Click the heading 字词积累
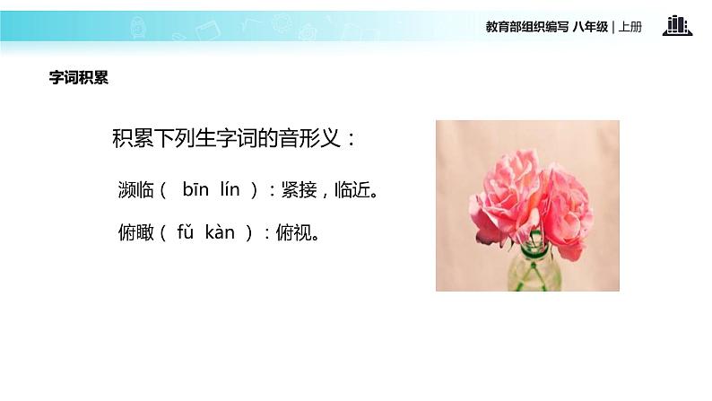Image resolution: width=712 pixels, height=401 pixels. (x=79, y=78)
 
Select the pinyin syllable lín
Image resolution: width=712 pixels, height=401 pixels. (x=232, y=189)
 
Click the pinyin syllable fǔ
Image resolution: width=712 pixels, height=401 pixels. (x=186, y=233)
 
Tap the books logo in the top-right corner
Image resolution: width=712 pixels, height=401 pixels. (x=677, y=26)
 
